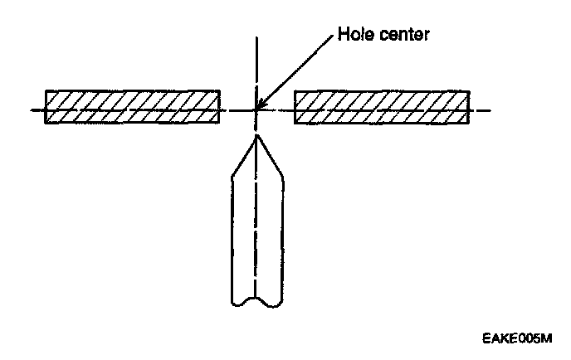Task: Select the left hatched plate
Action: click(133, 107)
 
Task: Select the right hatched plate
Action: click(382, 107)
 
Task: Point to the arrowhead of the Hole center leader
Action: click(261, 106)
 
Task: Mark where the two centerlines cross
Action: click(257, 109)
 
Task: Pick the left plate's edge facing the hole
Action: click(220, 107)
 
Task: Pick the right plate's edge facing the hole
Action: click(295, 107)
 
